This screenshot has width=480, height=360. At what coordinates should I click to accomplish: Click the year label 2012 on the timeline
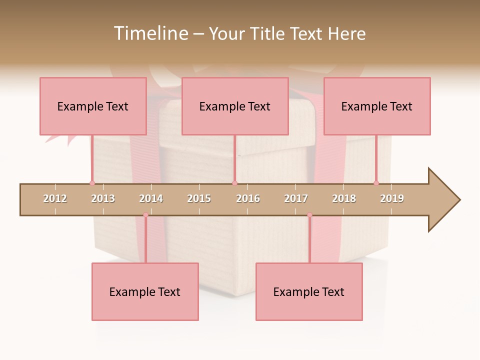(x=55, y=198)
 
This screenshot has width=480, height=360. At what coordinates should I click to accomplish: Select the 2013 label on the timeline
(x=103, y=198)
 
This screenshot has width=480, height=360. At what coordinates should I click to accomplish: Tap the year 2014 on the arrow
(x=151, y=198)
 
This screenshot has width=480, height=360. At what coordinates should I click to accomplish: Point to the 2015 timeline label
(x=199, y=198)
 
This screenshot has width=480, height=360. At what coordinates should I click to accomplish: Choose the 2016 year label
(x=248, y=198)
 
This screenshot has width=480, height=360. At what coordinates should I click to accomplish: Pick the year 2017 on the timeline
(x=296, y=198)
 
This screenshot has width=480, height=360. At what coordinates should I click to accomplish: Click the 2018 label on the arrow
(x=344, y=198)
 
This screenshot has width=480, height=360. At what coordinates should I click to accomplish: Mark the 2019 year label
(x=392, y=198)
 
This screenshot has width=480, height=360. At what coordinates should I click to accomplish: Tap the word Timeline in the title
(x=150, y=33)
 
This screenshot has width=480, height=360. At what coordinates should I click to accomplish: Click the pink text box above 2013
(x=93, y=106)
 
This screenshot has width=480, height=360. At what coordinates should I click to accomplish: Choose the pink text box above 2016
(x=235, y=106)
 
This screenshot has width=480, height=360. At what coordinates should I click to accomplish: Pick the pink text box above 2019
(x=377, y=106)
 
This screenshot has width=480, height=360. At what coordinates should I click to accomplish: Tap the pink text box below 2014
(x=145, y=291)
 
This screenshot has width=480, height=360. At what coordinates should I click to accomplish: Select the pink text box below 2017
(x=309, y=291)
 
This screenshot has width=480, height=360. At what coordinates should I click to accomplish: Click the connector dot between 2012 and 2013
(x=92, y=183)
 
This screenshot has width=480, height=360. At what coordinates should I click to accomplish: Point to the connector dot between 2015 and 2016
(x=234, y=183)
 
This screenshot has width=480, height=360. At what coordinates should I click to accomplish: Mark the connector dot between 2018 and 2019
(x=376, y=183)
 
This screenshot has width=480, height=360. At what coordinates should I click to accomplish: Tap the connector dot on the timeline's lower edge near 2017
(x=309, y=215)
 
